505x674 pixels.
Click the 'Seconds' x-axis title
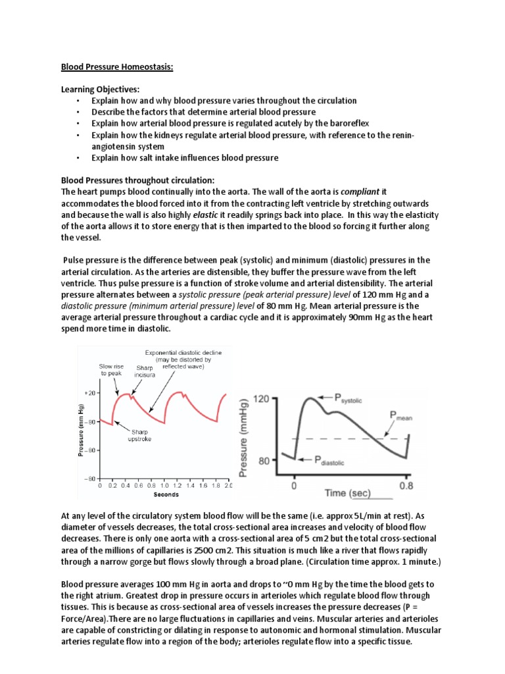click(x=166, y=494)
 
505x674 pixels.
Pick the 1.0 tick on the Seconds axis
click(x=164, y=485)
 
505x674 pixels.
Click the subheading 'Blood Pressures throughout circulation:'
click(x=137, y=180)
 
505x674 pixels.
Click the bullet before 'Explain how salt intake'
click(x=77, y=158)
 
